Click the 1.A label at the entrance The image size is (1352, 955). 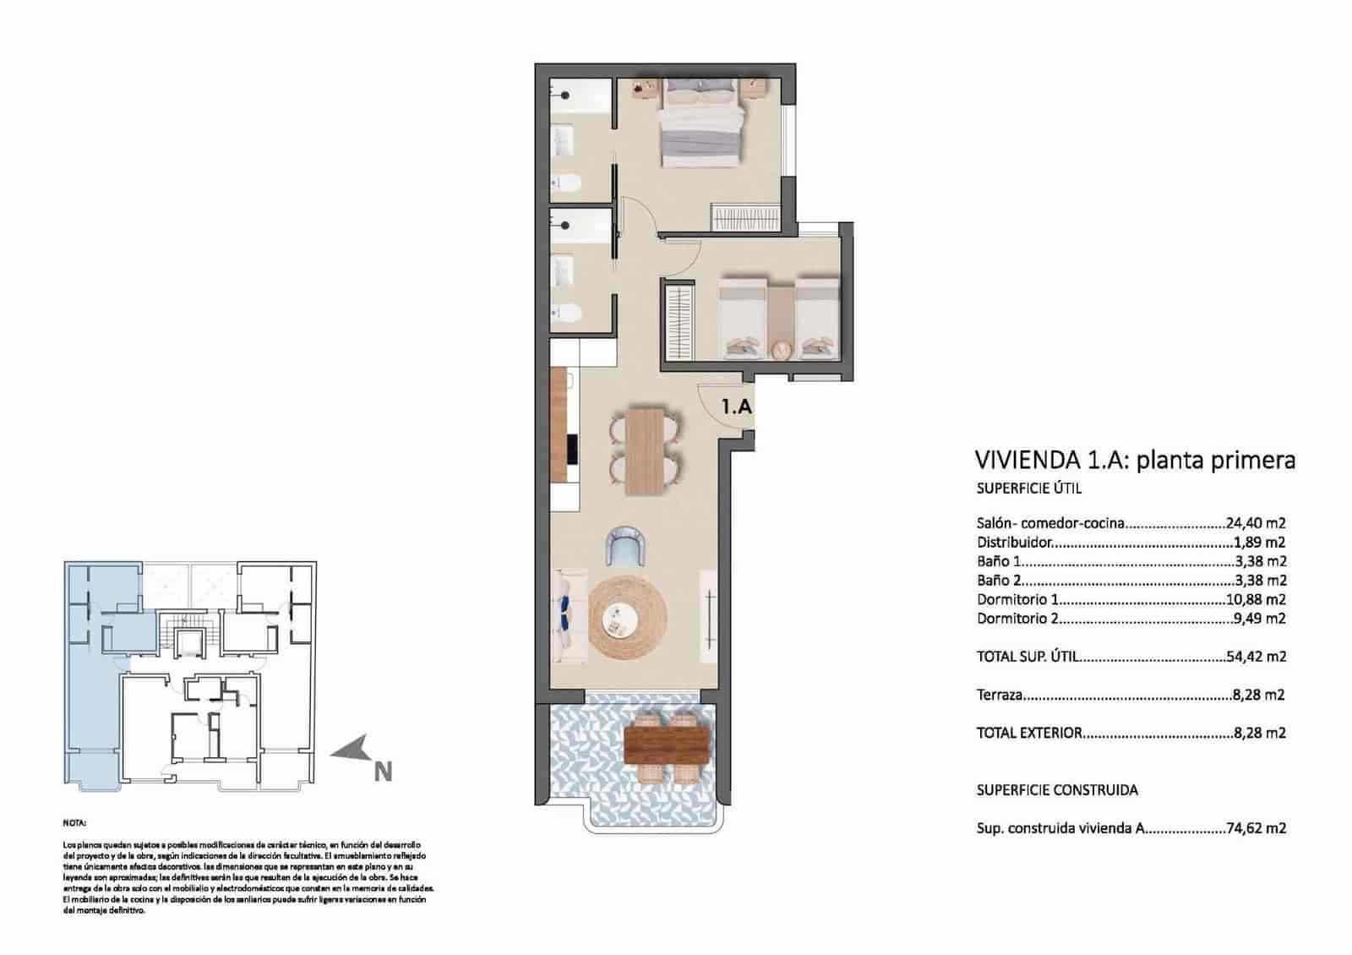pos(736,407)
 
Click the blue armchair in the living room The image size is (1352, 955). pos(626,545)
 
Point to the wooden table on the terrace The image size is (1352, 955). pos(667,745)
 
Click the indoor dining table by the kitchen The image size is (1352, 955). pos(646,450)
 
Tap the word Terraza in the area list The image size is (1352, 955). pos(1000,696)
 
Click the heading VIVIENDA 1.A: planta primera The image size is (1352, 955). pos(1135,461)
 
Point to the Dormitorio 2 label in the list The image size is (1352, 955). pos(1017,619)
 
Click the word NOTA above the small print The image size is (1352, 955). pos(74,822)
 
